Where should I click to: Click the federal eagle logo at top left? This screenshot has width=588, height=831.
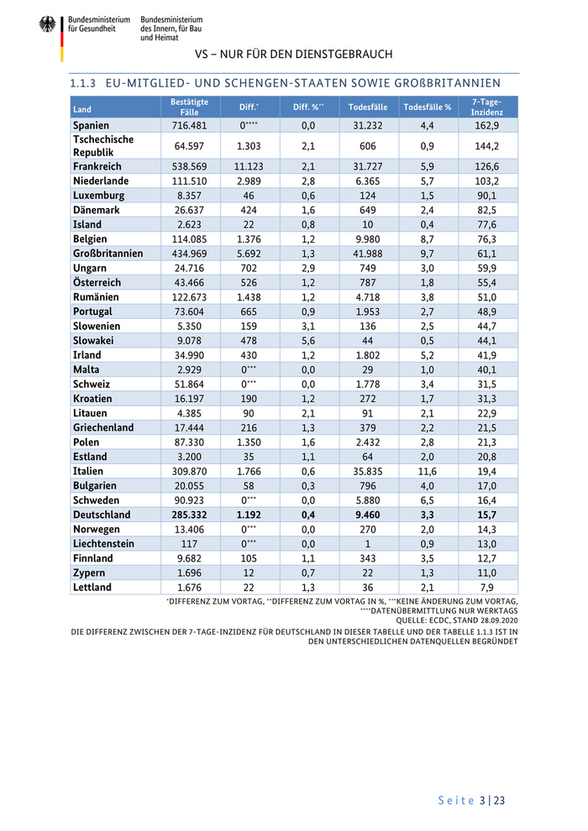click(47, 24)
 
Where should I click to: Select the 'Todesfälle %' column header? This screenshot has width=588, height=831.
click(427, 107)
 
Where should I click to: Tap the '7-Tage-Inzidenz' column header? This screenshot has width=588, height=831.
click(487, 107)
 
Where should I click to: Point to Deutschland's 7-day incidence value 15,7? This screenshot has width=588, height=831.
click(487, 515)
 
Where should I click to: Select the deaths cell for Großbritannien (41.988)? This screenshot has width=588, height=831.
click(368, 253)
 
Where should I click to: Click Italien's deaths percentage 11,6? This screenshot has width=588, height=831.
click(427, 472)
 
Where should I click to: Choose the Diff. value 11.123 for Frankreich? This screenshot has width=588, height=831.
click(249, 166)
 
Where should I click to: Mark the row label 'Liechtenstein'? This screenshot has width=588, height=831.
click(104, 544)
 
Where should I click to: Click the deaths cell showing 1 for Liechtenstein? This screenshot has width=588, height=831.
click(368, 544)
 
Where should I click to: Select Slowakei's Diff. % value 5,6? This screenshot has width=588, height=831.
click(308, 341)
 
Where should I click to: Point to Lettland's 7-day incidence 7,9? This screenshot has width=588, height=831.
click(487, 588)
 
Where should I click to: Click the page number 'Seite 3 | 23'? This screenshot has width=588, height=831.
click(471, 800)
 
